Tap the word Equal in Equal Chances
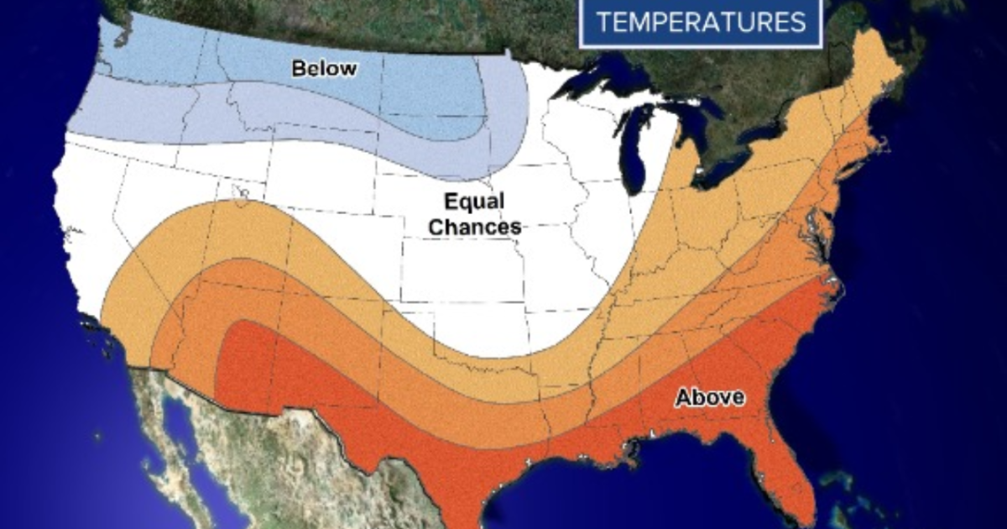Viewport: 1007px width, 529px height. point(474,202)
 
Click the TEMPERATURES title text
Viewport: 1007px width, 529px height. point(700,22)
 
